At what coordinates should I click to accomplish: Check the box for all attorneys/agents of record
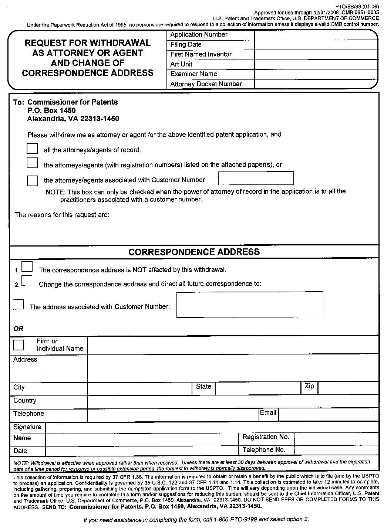coord(32,149)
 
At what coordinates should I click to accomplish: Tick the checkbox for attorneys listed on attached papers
coord(32,163)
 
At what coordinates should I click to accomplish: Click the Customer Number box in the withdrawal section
coord(256,178)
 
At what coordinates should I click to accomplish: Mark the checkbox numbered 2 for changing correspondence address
coord(27,281)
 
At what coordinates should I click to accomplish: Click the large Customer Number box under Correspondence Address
coord(250,304)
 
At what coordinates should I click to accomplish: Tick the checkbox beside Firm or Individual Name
coord(18,345)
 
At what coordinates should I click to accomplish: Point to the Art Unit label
coord(181,64)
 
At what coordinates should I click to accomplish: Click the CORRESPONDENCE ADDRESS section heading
coord(194,252)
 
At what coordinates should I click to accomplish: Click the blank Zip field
coord(348,388)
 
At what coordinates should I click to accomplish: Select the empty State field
coord(257,388)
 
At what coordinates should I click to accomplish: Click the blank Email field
coord(328,415)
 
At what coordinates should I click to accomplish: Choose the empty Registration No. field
coord(336,438)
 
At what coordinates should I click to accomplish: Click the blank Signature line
coord(212,427)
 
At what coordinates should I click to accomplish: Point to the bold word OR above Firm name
coord(18,329)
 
